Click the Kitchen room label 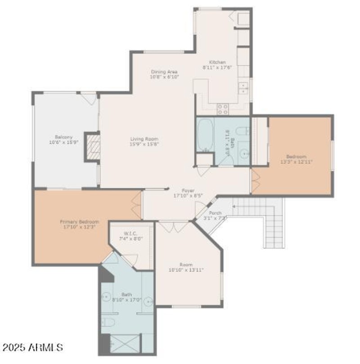pos(217,62)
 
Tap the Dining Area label pos(164,72)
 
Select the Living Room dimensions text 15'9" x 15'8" pos(144,144)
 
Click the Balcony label pos(64,137)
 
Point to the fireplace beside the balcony pos(93,147)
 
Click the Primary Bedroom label pos(79,222)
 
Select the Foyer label pos(188,190)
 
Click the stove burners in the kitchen pos(223,108)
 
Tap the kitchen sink pos(243,87)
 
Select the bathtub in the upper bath pos(205,134)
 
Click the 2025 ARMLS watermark pos(32,347)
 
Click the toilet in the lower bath pos(107,321)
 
